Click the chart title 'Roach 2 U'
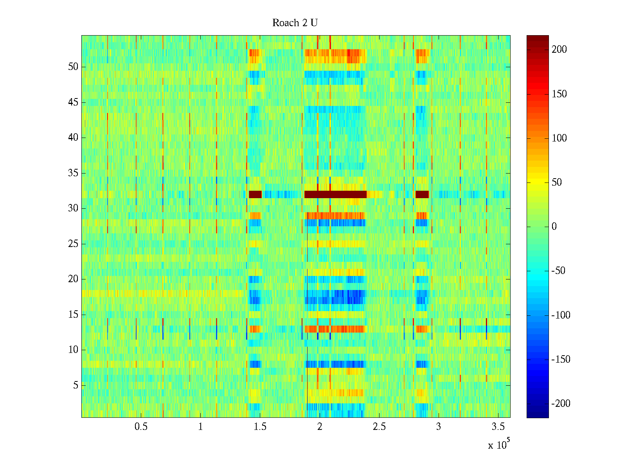click(295, 23)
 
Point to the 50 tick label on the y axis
click(73, 67)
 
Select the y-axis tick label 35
click(73, 173)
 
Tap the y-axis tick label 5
click(76, 385)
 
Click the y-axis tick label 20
click(73, 279)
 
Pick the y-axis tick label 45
click(73, 102)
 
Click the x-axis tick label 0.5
click(141, 427)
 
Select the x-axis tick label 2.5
click(379, 427)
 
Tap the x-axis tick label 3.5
click(498, 427)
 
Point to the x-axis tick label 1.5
click(260, 427)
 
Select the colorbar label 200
click(559, 50)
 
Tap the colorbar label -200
click(561, 404)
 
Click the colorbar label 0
click(554, 227)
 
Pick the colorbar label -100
click(561, 315)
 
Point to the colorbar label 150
click(559, 94)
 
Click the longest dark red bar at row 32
click(335, 194)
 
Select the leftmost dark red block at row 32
click(255, 194)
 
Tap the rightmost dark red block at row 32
click(422, 194)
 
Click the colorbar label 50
click(557, 183)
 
